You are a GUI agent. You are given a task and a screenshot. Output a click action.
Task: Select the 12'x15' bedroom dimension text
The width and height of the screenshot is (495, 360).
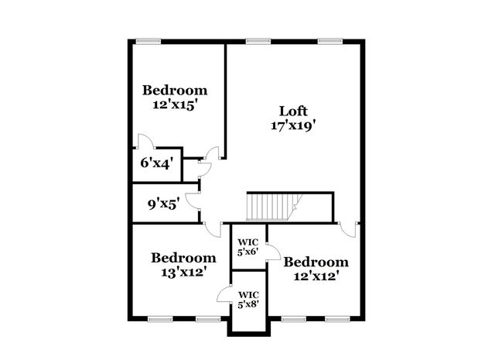[175, 105]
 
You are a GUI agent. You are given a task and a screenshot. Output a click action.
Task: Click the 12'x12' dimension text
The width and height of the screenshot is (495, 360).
[316, 276]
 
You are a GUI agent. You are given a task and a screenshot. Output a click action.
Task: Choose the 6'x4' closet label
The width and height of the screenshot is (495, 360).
[155, 163]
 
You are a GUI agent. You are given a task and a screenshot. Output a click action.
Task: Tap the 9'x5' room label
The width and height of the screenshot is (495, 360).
[164, 204]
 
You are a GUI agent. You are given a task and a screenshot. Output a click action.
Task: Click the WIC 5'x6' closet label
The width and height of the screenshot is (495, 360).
[248, 245]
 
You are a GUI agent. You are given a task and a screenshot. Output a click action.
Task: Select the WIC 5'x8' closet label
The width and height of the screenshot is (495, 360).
[248, 299]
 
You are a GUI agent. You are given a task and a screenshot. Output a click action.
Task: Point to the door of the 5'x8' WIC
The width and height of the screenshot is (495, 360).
[225, 294]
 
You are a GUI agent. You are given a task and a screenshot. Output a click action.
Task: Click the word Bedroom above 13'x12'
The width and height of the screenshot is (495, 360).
[183, 257]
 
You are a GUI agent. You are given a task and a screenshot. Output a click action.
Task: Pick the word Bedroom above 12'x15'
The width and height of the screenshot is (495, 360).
[175, 90]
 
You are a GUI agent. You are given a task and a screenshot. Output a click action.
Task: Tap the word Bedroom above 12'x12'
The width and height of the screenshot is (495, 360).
[316, 262]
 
